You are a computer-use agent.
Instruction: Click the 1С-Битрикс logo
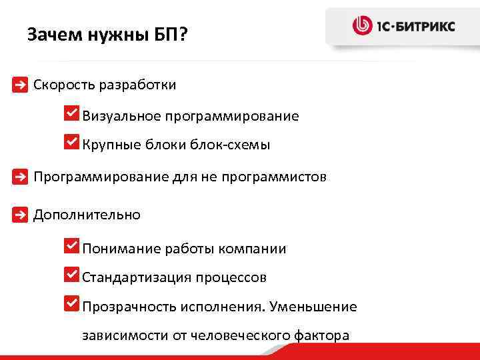tap(404, 26)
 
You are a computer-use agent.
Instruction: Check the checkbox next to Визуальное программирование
tap(71, 113)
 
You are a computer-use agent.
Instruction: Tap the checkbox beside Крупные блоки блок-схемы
tap(71, 141)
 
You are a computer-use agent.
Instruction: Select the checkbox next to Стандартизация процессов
tap(71, 274)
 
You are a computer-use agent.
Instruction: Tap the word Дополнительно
tap(87, 215)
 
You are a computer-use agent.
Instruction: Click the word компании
tap(256, 249)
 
